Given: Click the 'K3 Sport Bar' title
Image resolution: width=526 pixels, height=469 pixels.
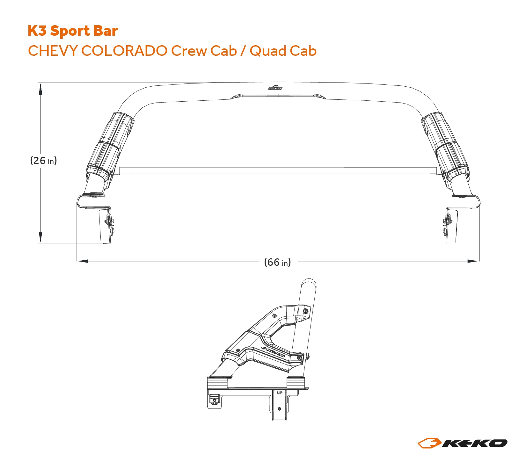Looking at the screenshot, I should point(73,31).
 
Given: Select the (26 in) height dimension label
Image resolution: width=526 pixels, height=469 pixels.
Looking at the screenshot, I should point(43,160).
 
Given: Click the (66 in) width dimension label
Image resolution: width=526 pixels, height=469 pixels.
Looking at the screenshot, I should point(277,262).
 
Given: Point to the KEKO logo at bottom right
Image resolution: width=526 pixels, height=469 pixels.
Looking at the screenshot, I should point(462,443).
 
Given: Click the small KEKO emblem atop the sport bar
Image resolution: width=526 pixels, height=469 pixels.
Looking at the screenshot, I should point(275,88).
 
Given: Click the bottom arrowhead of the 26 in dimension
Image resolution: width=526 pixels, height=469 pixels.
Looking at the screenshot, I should point(40,237).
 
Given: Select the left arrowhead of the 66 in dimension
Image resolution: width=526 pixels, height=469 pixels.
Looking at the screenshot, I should point(83,261).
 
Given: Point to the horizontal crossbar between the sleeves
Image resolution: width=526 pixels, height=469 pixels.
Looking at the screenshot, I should point(277,171).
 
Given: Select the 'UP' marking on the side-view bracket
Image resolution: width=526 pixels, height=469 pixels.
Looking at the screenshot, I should point(280,393).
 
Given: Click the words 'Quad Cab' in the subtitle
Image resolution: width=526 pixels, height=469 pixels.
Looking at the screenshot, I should point(283,51).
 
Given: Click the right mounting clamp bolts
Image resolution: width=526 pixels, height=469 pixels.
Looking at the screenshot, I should point(447,224).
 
